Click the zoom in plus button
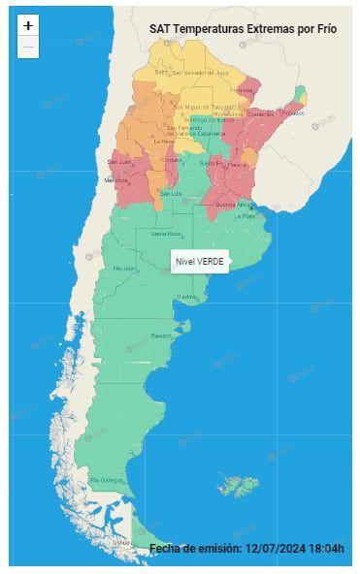pos(28,26)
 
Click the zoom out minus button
pos(28,47)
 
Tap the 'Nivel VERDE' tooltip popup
pos(200,261)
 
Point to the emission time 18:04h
pos(327,549)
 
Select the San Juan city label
pos(118,161)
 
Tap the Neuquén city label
pos(124,268)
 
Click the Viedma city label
pos(186,297)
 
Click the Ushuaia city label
pos(120,543)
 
